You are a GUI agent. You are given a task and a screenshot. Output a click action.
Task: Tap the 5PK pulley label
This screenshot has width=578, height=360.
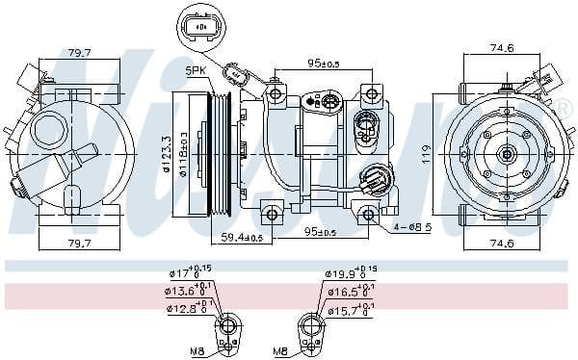click(x=197, y=72)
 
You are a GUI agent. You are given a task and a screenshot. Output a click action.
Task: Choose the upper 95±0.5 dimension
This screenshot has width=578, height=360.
click(x=322, y=64)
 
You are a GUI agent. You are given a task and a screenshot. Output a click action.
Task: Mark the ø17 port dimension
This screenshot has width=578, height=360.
click(x=183, y=274)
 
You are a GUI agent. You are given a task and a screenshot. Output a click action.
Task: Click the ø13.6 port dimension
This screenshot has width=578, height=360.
click(x=183, y=290)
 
